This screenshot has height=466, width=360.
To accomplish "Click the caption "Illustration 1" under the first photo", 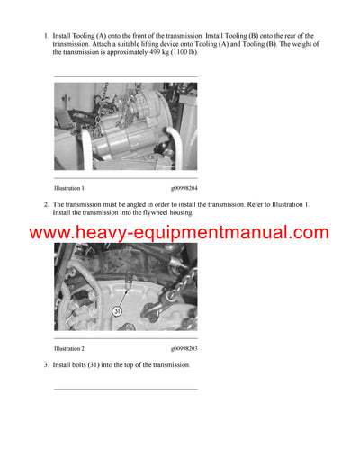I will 69,188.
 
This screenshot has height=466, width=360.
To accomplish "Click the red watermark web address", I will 179,233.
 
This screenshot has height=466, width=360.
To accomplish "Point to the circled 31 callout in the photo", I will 116,311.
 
